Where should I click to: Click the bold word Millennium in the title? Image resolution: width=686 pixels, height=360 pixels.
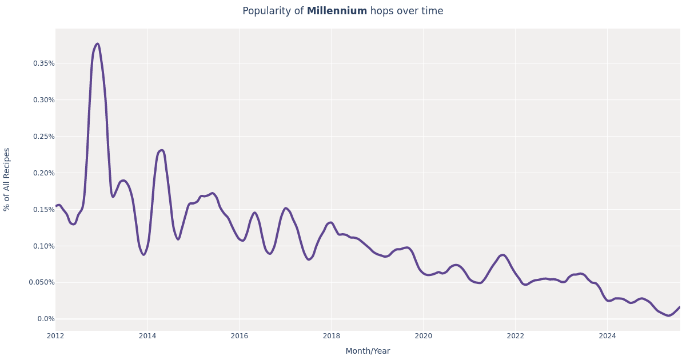[337, 11]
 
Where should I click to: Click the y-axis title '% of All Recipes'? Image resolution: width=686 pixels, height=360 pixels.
[7, 179]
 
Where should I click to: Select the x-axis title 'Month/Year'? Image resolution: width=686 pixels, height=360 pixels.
[368, 351]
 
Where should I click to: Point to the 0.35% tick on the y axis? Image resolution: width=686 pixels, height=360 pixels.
[43, 63]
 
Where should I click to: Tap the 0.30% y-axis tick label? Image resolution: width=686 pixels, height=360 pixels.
[43, 100]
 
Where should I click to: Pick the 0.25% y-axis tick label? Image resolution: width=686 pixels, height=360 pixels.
[43, 137]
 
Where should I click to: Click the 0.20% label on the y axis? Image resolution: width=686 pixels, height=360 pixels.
[43, 173]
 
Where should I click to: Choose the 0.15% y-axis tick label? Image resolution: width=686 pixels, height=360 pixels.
[43, 210]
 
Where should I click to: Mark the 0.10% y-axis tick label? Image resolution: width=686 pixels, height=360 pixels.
[43, 246]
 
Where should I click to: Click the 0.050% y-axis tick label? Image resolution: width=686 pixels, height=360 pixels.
[42, 282]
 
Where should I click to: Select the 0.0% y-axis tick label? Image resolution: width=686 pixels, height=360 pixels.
[46, 319]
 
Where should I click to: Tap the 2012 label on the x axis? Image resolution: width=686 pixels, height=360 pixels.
[55, 336]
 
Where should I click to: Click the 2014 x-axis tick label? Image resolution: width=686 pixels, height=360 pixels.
[147, 336]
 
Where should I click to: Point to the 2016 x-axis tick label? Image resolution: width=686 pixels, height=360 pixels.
[240, 336]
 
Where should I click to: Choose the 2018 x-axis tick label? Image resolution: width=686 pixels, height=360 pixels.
[332, 336]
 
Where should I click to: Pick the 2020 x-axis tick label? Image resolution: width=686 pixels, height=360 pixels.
[423, 336]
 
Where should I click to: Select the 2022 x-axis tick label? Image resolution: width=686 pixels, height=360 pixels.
[515, 336]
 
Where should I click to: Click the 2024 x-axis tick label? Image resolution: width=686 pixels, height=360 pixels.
[607, 336]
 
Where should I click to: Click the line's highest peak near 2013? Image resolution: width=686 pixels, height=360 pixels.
[97, 44]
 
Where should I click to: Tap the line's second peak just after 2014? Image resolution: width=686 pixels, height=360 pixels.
[162, 150]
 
